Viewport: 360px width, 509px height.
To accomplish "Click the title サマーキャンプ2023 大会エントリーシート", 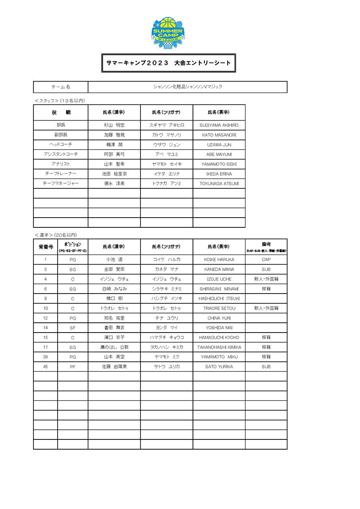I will pos(168,63).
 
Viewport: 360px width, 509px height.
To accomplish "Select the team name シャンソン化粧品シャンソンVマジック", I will pos(187,87).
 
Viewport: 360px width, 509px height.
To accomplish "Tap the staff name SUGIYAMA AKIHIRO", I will pos(219,126).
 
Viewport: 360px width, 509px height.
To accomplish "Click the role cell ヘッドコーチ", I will pos(61,145).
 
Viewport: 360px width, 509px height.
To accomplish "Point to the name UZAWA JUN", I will pos(219,145).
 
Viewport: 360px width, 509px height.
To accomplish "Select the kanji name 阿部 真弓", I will pos(114,154).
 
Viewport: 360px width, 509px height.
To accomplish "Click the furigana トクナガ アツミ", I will pos(166,184).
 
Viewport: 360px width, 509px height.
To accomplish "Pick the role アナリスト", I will pos(61,164).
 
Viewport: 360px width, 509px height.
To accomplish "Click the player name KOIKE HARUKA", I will pos(219,260).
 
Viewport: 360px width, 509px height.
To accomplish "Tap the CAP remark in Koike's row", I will pos(266,260).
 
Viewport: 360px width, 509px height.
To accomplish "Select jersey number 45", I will pos(45,366).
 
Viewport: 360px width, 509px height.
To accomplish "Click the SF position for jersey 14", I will pos(73,327).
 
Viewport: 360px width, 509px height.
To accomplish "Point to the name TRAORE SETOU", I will pos(219,308).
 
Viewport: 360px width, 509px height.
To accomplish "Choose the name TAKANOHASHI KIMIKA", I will pos(219,347).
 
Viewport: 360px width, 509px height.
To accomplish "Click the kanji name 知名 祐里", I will pos(114,318).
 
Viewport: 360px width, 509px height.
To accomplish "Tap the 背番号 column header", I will pos(45,246).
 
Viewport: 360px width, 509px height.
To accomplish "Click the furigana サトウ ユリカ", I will pos(166,366).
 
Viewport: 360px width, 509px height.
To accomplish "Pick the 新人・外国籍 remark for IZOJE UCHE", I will pos(266,279).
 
